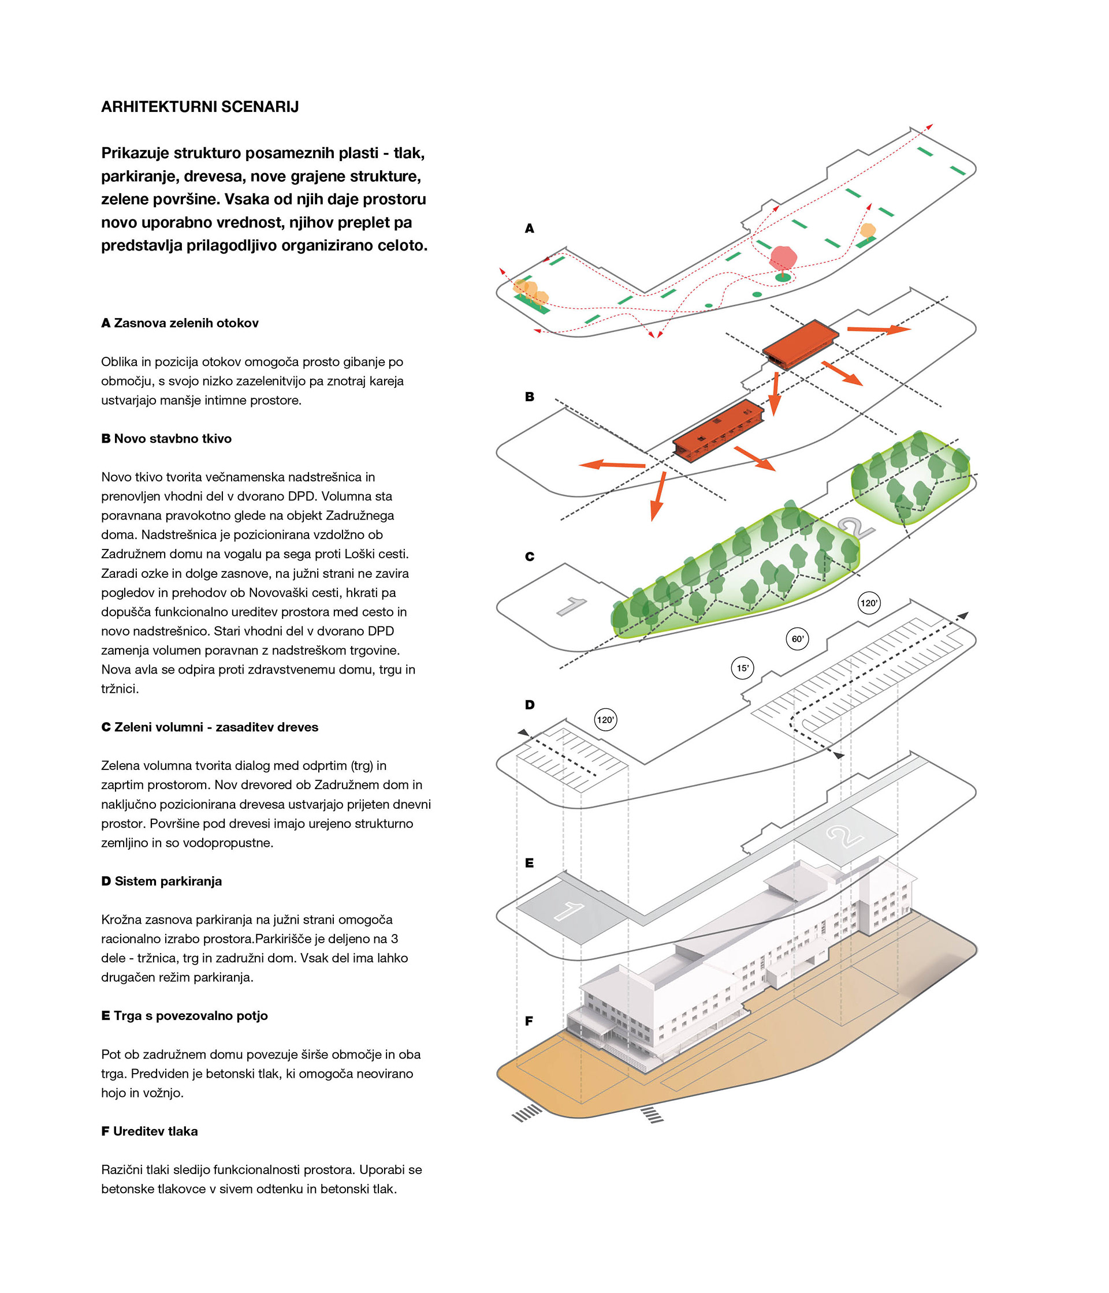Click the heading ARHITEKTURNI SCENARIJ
coord(200,107)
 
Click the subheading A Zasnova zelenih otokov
coord(180,323)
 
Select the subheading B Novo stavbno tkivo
coord(166,438)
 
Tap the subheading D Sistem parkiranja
coord(162,880)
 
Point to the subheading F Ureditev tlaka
coord(149,1131)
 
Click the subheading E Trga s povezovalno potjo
coord(184,1015)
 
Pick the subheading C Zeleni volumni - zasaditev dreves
coord(210,727)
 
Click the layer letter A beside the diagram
coord(529,229)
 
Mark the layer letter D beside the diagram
coord(529,705)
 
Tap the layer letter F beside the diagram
coord(529,1021)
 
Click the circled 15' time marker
coord(742,668)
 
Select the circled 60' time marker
coord(798,638)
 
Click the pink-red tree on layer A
coord(783,257)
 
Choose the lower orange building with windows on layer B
coord(718,431)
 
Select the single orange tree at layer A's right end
coord(868,230)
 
